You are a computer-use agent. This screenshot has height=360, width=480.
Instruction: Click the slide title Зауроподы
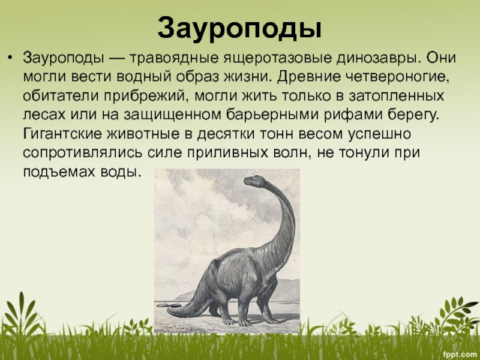tap(239, 28)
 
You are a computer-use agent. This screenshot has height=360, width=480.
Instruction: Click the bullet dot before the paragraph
tap(11, 57)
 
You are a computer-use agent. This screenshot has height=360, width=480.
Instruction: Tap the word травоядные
tap(174, 58)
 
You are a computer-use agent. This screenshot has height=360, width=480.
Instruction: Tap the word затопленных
tap(396, 96)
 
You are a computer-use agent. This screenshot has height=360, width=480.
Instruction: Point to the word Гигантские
tap(62, 134)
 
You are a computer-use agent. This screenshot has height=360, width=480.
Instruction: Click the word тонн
tap(278, 134)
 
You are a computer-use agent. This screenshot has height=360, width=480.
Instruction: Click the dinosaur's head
tap(254, 181)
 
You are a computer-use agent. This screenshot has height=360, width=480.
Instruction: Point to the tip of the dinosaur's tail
tap(169, 311)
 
